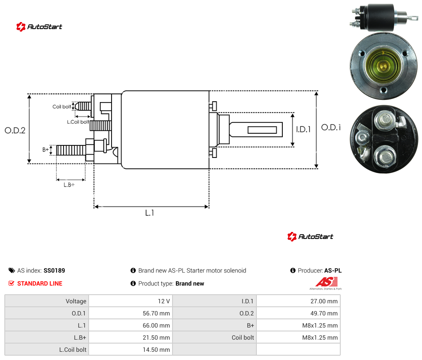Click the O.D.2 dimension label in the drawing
pyautogui.click(x=15, y=130)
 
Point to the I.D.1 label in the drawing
pyautogui.click(x=304, y=129)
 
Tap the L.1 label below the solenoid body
pyautogui.click(x=150, y=213)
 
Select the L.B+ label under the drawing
pyautogui.click(x=69, y=185)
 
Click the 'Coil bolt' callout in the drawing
pyautogui.click(x=62, y=106)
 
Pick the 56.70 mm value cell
pyautogui.click(x=156, y=313)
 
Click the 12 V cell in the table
pyautogui.click(x=163, y=301)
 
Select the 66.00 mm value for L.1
pyautogui.click(x=156, y=325)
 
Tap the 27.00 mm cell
pyautogui.click(x=324, y=301)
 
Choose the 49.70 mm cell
pyautogui.click(x=324, y=313)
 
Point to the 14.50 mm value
pyautogui.click(x=156, y=350)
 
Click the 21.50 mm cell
pyautogui.click(x=156, y=337)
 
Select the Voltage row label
pyautogui.click(x=76, y=301)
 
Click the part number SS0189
pyautogui.click(x=54, y=270)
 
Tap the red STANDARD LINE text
pyautogui.click(x=40, y=283)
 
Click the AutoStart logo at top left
pyautogui.click(x=39, y=27)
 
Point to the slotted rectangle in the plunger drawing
pyautogui.click(x=262, y=130)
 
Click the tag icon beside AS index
pyautogui.click(x=12, y=270)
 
